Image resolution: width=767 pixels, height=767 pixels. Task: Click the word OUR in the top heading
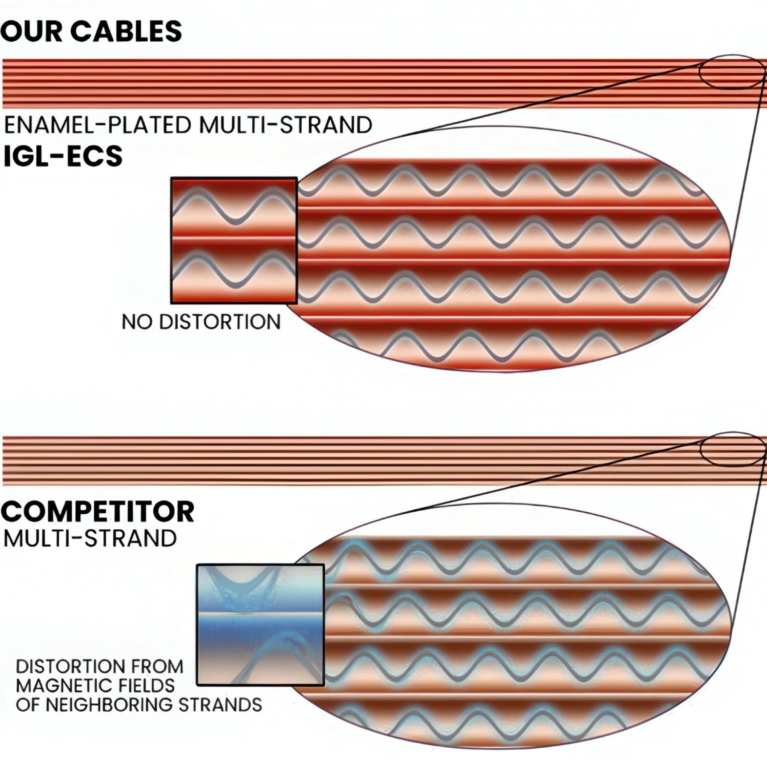(x=31, y=31)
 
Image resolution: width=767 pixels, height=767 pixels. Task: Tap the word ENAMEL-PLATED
(x=98, y=125)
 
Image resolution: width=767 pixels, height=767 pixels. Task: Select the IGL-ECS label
(x=63, y=156)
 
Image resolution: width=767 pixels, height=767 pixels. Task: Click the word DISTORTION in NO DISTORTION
(x=220, y=322)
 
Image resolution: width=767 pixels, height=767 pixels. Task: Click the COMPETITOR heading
(x=98, y=512)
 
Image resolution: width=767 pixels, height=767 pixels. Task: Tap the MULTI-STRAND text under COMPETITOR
(x=90, y=539)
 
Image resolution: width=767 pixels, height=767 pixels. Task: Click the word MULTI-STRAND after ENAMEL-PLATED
(x=285, y=125)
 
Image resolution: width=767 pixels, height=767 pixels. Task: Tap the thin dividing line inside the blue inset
(x=260, y=614)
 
